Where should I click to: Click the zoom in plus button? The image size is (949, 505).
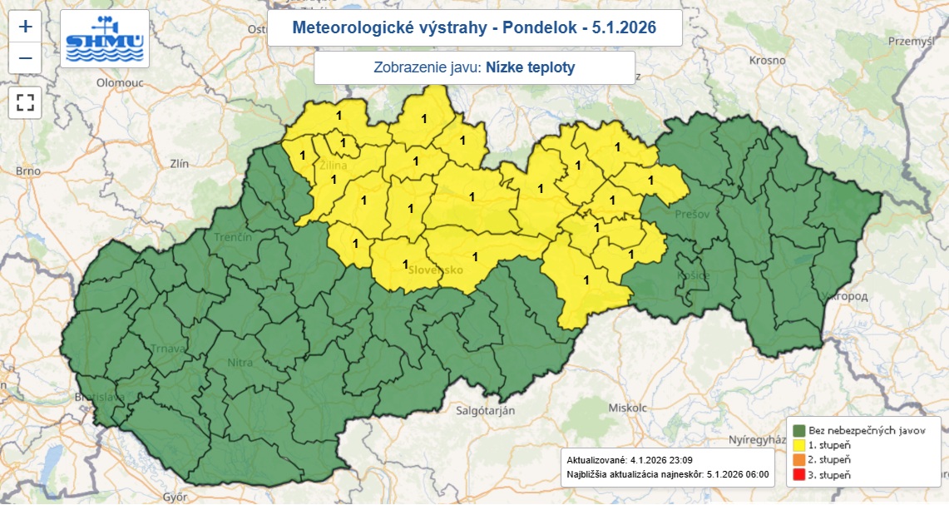pyautogui.click(x=26, y=27)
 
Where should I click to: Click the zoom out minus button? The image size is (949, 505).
pyautogui.click(x=26, y=58)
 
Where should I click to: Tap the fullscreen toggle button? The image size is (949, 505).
pyautogui.click(x=26, y=102)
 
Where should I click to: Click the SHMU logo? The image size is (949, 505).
pyautogui.click(x=105, y=39)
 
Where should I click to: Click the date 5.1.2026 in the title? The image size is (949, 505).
pyautogui.click(x=624, y=27)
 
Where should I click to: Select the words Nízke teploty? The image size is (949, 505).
pyautogui.click(x=530, y=68)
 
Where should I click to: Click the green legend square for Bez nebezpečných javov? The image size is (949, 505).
pyautogui.click(x=798, y=431)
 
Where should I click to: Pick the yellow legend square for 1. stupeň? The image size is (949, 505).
pyautogui.click(x=798, y=445)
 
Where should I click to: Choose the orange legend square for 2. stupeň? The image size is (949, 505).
pyautogui.click(x=798, y=459)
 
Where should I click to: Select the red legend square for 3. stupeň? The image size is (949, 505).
pyautogui.click(x=798, y=473)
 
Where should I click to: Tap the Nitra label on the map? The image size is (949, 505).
pyautogui.click(x=240, y=363)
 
